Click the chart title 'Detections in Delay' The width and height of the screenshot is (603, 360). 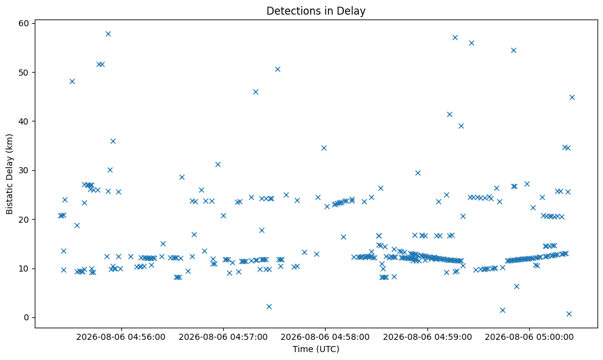[316, 11]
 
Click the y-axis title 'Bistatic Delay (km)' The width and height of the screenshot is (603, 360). [9, 174]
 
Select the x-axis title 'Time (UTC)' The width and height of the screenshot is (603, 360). [316, 349]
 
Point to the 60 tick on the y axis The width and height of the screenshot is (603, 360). [24, 23]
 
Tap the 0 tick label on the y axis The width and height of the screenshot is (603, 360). [27, 318]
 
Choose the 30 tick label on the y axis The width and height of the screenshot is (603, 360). [24, 171]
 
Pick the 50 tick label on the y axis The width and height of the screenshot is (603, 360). [24, 73]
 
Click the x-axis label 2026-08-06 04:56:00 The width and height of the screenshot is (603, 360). [121, 337]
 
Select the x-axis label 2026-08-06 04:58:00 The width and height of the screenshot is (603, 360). [325, 337]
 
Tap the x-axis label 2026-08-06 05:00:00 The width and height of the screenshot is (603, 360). [529, 337]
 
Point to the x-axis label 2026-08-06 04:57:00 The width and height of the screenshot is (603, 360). [223, 337]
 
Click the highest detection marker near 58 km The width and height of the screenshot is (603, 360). [108, 34]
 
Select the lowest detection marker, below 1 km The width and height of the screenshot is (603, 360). [569, 314]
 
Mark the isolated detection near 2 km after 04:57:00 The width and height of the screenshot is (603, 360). [269, 306]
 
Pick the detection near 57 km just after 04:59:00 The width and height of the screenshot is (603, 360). [455, 37]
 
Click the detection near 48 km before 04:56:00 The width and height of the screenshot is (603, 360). [72, 81]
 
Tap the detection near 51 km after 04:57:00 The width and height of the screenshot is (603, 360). [277, 70]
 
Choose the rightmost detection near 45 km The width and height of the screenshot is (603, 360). [572, 98]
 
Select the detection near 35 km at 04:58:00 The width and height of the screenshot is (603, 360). [324, 148]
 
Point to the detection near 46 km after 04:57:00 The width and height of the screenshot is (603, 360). [255, 92]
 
